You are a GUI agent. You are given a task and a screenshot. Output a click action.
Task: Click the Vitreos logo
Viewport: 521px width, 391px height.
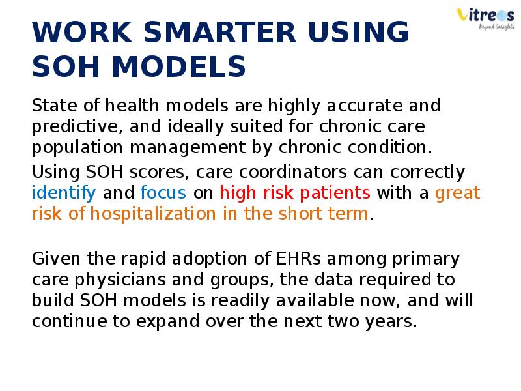[x=485, y=19]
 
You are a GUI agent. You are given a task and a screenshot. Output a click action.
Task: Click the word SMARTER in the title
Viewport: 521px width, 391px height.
[x=219, y=32]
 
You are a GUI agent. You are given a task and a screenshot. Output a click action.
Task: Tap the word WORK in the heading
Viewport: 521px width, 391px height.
[x=82, y=32]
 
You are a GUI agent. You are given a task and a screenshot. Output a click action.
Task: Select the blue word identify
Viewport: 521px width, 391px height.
[x=64, y=193]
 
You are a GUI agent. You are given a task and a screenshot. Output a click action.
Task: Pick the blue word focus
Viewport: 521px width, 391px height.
[x=163, y=193]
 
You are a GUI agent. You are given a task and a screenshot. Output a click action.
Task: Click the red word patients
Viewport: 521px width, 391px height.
[x=335, y=194]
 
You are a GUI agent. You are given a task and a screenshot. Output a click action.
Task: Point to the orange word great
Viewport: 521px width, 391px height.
[x=458, y=194]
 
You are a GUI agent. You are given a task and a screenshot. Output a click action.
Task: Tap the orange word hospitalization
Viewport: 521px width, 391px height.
[x=153, y=214]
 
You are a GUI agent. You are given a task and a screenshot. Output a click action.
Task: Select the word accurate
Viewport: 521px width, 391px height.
[x=365, y=106]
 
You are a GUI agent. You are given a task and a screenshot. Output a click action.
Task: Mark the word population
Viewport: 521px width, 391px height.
[x=77, y=148]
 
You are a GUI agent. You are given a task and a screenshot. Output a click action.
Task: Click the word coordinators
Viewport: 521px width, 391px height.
[x=292, y=173]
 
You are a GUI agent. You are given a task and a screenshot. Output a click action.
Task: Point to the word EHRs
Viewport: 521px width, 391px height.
[x=298, y=259]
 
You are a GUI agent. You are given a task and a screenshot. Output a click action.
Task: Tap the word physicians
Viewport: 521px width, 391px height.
[x=120, y=280]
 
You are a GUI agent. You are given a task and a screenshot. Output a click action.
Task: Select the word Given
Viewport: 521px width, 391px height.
[x=56, y=259]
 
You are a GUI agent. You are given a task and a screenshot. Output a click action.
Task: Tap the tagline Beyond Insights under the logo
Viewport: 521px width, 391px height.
[x=496, y=27]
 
